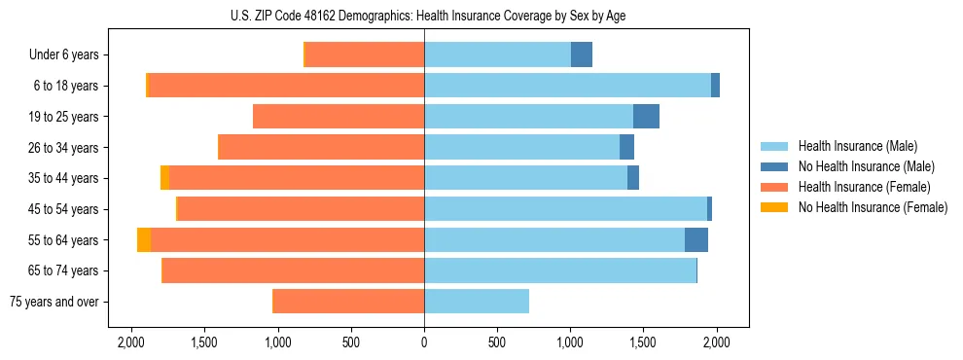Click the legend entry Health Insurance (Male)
tap(852, 146)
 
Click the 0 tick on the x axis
tap(424, 342)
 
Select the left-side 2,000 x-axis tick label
tap(131, 342)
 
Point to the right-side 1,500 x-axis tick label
tap(643, 342)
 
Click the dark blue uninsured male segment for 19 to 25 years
tap(646, 117)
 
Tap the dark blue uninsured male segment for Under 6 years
tap(581, 55)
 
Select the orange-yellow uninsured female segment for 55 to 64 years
tap(144, 239)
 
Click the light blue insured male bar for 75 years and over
tap(477, 302)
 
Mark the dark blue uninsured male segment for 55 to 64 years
tap(696, 239)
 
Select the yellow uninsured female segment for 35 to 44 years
tap(164, 178)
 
